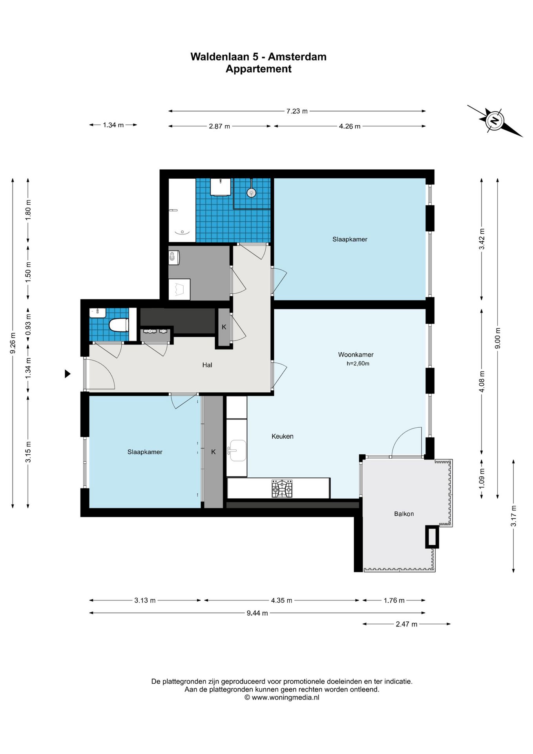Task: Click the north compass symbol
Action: click(495, 121)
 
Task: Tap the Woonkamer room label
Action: click(356, 355)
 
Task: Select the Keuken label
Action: click(282, 436)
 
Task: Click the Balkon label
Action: click(404, 514)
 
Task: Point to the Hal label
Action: click(207, 365)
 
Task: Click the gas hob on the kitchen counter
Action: click(282, 489)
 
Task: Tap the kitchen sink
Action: click(238, 450)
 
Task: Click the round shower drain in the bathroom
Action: click(251, 192)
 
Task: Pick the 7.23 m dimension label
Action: click(297, 111)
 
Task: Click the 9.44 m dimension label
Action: click(257, 613)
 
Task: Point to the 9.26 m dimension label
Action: click(13, 343)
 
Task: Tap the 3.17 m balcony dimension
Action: click(513, 516)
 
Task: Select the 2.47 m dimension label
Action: click(406, 624)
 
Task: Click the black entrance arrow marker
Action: click(68, 374)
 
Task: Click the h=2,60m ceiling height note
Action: click(358, 364)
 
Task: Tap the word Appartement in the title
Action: click(258, 69)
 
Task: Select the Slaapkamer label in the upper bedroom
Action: click(350, 239)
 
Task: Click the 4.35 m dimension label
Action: click(281, 600)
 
